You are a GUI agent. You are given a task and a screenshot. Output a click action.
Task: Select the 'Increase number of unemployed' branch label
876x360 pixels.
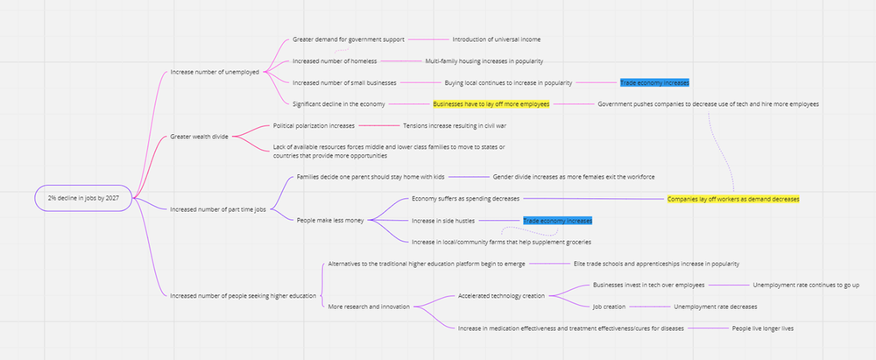point(215,72)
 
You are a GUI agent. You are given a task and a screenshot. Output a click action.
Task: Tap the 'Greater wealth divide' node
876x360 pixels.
point(199,137)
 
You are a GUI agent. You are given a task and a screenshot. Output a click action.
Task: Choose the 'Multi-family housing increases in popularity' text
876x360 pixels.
point(484,61)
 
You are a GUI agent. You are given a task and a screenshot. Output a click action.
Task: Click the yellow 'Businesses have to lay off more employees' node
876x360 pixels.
point(491,104)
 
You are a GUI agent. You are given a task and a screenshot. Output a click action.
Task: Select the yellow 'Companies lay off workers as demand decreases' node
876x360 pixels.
point(733,199)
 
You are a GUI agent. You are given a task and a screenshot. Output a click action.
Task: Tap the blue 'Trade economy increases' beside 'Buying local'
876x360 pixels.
point(654,82)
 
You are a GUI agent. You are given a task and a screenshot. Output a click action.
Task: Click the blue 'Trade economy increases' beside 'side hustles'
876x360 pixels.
point(557,221)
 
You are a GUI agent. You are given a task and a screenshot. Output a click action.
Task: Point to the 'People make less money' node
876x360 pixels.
point(330,220)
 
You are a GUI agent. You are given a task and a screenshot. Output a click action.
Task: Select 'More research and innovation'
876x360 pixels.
point(368,307)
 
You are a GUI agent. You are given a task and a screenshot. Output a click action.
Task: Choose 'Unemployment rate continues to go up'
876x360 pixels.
point(806,285)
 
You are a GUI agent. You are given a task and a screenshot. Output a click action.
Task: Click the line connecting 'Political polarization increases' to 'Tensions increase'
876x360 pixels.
point(378,125)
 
